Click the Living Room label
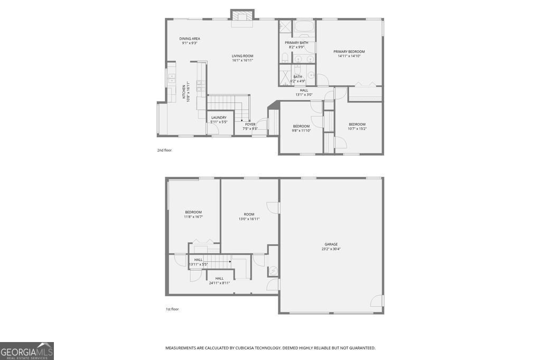point(242,56)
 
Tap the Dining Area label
point(190,39)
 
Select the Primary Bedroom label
point(349,52)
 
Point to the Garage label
point(331,244)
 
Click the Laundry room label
point(219,118)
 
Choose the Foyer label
point(250,125)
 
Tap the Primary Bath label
point(296,43)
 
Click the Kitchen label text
point(184,90)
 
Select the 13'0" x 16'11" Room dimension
point(249,219)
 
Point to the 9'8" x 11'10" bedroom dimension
point(301,130)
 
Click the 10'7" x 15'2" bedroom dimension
point(357,129)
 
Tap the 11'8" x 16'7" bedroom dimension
point(193,216)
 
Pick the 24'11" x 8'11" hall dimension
point(219,283)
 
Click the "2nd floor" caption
point(164,150)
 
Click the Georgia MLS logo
point(27,351)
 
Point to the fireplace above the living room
point(242,17)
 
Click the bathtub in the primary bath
point(304,26)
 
